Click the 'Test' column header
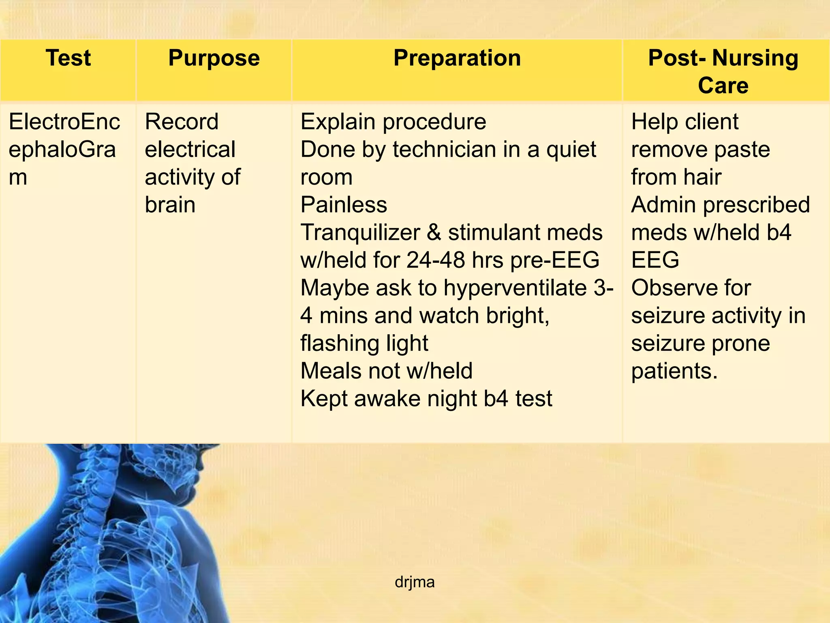point(68,58)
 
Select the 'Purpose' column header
point(214,58)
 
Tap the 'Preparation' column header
point(457,58)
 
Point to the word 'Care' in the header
point(723,86)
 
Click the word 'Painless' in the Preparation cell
point(344,205)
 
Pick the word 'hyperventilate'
point(515,288)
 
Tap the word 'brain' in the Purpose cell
point(170,205)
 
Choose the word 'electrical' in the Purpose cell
point(190,149)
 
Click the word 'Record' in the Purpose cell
point(182,122)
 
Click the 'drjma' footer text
point(415,582)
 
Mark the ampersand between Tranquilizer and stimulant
point(434,233)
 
